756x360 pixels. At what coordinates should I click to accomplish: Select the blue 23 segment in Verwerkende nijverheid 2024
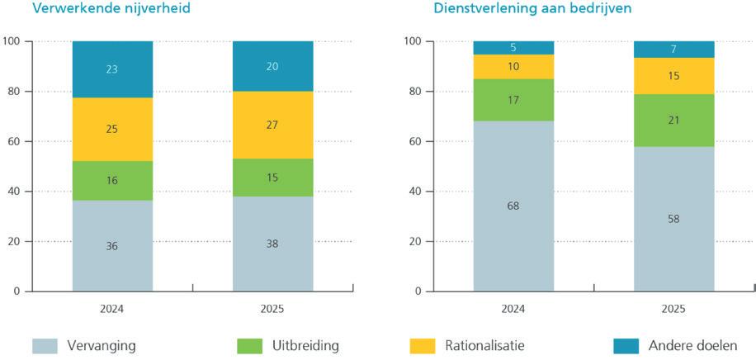(112, 69)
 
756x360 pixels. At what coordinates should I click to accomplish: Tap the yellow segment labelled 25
(112, 129)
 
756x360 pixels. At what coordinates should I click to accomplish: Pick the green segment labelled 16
(112, 179)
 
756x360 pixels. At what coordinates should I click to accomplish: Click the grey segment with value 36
(112, 245)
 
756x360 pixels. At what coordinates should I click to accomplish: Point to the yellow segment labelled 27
(272, 125)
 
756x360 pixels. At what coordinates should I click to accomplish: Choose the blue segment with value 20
(272, 66)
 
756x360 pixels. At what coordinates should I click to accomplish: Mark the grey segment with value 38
(272, 244)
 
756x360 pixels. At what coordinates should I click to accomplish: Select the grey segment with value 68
(513, 206)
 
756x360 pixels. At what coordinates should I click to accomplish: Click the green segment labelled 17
(513, 100)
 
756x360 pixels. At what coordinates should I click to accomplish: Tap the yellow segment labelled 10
(513, 66)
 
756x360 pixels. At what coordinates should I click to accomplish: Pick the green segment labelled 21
(673, 121)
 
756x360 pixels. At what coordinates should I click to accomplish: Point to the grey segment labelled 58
(673, 219)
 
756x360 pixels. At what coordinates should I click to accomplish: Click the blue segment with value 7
(673, 50)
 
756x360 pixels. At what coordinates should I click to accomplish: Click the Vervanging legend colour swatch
(47, 346)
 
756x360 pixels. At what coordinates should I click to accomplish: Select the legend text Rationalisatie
(484, 346)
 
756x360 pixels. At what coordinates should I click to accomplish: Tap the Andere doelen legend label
(692, 346)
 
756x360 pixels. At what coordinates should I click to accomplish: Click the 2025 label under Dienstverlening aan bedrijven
(673, 309)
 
